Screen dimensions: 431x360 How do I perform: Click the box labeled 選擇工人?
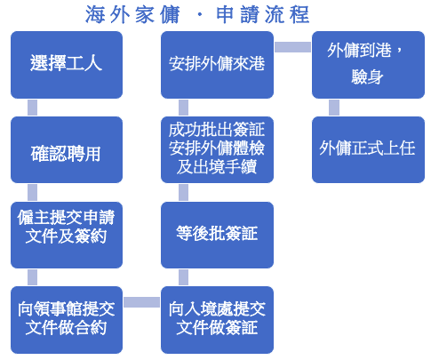(67, 65)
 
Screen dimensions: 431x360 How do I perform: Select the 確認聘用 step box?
(67, 149)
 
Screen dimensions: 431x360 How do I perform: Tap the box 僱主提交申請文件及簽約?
(67, 235)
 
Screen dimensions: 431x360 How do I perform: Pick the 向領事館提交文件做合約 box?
(67, 320)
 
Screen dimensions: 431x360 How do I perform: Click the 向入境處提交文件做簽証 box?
(217, 320)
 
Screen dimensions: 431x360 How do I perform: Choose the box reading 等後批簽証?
(217, 235)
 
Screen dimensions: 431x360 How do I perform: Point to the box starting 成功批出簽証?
(217, 149)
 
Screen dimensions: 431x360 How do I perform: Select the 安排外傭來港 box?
(217, 65)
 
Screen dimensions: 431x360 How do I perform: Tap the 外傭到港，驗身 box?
(368, 65)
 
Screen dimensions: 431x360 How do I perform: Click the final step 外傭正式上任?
(368, 149)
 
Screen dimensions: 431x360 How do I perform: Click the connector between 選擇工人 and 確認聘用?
(32, 108)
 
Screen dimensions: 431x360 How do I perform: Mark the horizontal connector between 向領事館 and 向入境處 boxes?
(141, 302)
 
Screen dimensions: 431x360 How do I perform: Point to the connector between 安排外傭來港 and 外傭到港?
(292, 47)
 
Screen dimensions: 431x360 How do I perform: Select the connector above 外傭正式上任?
(334, 108)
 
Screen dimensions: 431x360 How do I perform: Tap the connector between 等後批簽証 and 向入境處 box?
(183, 277)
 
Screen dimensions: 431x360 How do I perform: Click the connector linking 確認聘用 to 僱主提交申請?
(32, 192)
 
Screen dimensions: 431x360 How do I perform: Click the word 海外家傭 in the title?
(132, 14)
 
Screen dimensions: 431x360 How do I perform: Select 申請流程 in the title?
(262, 14)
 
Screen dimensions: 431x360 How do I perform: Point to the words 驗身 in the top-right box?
(367, 77)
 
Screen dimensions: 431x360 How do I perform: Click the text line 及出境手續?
(217, 166)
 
